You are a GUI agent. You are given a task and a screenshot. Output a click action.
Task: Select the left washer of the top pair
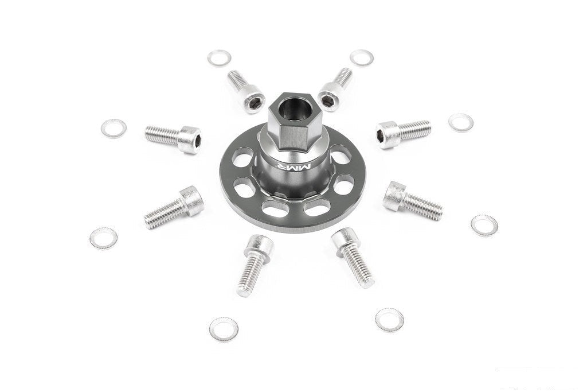coord(219,58)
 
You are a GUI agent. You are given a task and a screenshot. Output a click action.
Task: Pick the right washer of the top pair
coord(362,57)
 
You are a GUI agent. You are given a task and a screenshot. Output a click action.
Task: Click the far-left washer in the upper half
coord(114,128)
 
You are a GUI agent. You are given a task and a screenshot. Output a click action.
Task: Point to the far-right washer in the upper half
coord(461,122)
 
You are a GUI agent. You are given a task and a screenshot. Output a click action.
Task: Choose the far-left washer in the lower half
coord(103,238)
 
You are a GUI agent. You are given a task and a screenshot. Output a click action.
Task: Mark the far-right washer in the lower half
coord(484,225)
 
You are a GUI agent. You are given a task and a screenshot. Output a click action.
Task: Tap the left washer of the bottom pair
coord(224,328)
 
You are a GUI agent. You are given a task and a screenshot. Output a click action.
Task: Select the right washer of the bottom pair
coord(389,319)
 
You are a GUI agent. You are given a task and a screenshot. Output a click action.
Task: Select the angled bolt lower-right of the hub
coord(412,200)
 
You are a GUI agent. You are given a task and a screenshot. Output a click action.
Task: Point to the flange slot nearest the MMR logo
coord(343,185)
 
